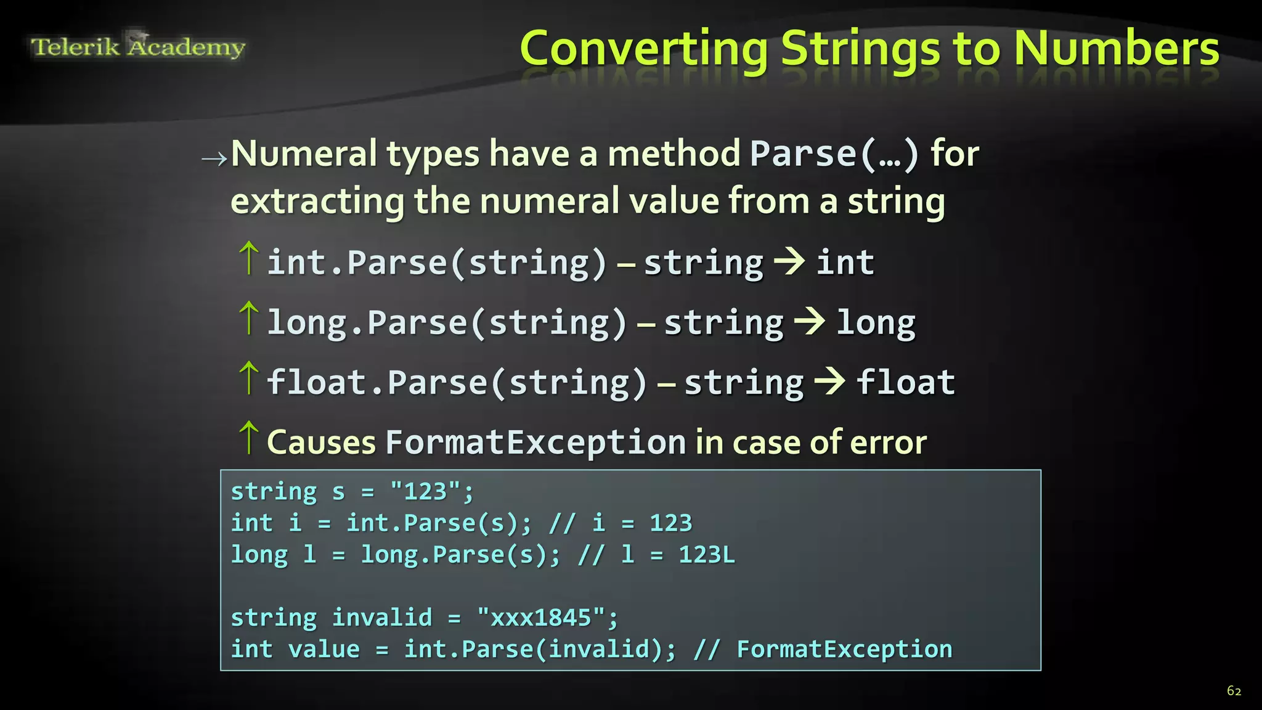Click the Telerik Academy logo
[x=138, y=46]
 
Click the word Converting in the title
[x=644, y=49]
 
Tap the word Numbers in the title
[x=1116, y=49]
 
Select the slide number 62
[x=1234, y=691]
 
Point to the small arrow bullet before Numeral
[x=214, y=159]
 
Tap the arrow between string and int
[x=789, y=262]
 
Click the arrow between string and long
[x=810, y=322]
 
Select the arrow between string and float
[x=830, y=382]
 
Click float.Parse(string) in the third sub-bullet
[x=457, y=382]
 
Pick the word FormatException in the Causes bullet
[x=535, y=443]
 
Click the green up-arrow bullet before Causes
[x=248, y=437]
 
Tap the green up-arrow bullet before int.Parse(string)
[x=248, y=258]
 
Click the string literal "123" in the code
[x=425, y=492]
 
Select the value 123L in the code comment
[x=706, y=555]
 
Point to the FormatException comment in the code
[x=844, y=650]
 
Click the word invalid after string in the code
[x=382, y=618]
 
